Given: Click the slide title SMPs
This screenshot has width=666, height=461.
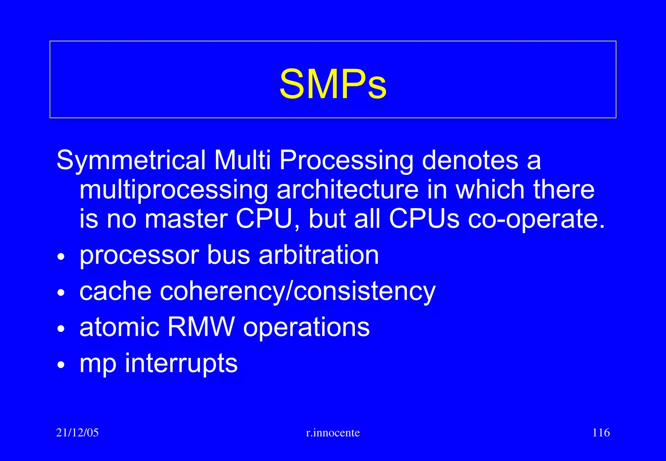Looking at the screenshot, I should coord(333,84).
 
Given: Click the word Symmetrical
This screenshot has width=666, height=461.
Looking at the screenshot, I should coord(131,160).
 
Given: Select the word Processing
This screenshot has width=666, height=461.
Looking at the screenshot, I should coord(346,160).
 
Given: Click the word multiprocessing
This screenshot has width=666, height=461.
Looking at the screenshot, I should coord(174,190).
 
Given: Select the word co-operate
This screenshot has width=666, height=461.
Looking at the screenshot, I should coord(536,219).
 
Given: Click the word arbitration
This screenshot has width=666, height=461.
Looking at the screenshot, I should coord(319,255).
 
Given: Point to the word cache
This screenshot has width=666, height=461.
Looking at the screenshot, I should coord(115,291).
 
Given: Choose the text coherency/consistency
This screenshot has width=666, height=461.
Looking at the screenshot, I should coord(298,291).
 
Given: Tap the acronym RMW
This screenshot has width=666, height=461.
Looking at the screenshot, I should coord(201,327).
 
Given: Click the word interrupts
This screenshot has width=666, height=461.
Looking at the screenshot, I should coord(181,363).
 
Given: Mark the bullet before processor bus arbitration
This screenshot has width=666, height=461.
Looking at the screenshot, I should coord(61,257).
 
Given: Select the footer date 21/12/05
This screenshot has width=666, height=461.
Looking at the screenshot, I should coord(77,433).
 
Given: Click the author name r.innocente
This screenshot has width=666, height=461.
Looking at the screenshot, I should coord(333,433).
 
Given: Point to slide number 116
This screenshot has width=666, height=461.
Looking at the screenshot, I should coord(601,433).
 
